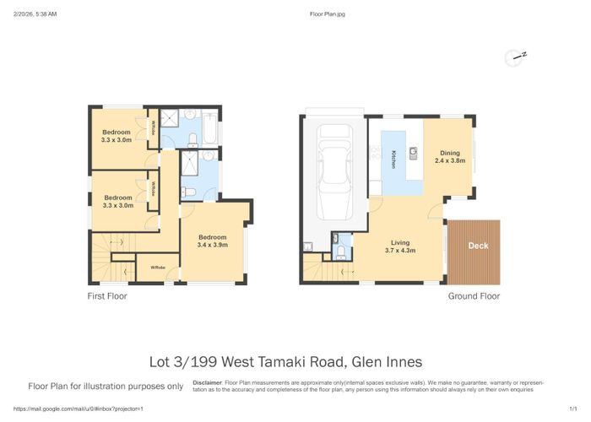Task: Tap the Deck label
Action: coord(477,246)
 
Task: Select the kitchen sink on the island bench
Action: coord(414,153)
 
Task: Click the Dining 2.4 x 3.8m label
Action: coord(450,157)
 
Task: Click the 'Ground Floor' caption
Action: coord(474,296)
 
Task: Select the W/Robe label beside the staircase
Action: coord(157,268)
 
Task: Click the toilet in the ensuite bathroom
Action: coord(190,193)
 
